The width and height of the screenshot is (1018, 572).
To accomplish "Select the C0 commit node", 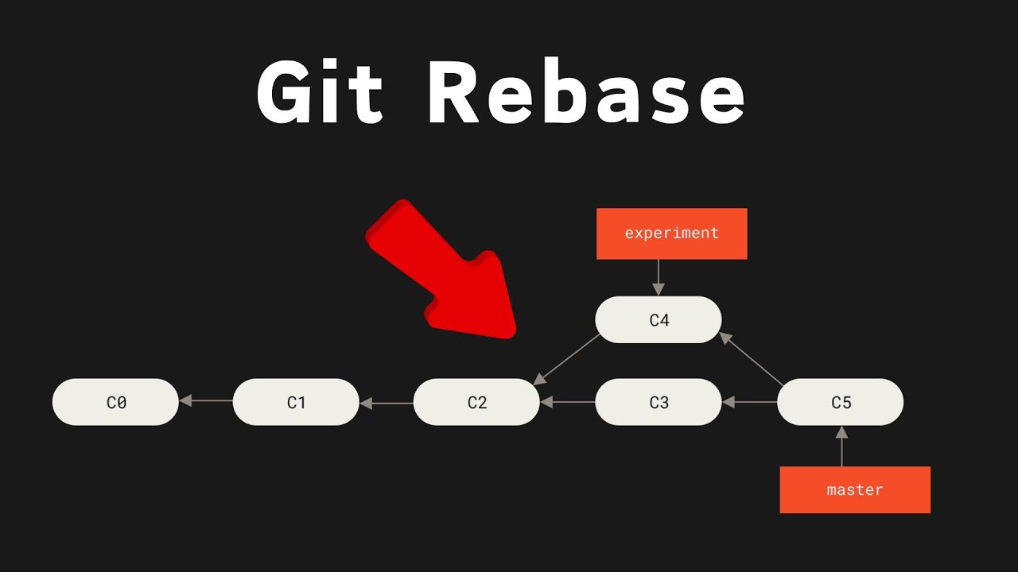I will coord(115,402).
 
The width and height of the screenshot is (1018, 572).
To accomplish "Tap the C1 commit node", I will coord(296,402).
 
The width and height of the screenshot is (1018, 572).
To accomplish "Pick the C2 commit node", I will coord(476,402).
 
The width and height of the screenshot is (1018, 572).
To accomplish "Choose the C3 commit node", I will coord(659,402).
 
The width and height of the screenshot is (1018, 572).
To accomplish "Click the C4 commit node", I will coord(659,320).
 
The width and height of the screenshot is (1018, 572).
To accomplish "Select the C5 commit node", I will coord(840,402).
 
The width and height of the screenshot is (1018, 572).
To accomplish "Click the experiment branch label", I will coord(671,234).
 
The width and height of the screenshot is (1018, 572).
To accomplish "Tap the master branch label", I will coord(855,490).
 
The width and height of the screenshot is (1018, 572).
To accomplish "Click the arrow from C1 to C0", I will coord(206,401).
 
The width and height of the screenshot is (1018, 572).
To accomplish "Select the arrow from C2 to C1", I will coord(387,403).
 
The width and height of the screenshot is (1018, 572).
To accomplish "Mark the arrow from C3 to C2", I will coord(568,403).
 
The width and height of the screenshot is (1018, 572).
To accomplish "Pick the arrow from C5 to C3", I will coord(749,403).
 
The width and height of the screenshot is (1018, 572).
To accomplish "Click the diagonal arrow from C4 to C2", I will coord(567,358).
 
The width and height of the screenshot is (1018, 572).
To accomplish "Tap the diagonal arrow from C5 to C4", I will coord(752,359).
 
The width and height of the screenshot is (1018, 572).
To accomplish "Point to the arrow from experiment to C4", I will coord(658,277).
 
